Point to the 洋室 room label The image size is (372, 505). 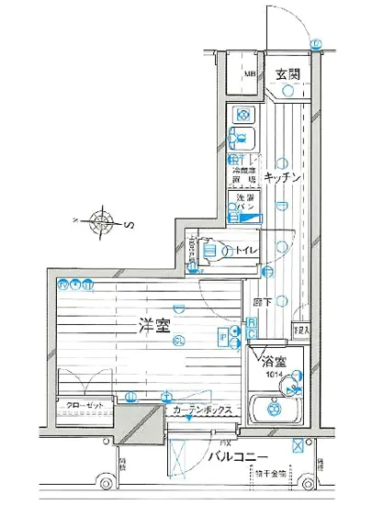[153, 327]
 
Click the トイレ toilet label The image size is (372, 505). [244, 251]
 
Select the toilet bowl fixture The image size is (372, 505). [209, 250]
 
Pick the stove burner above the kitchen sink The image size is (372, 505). [243, 115]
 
